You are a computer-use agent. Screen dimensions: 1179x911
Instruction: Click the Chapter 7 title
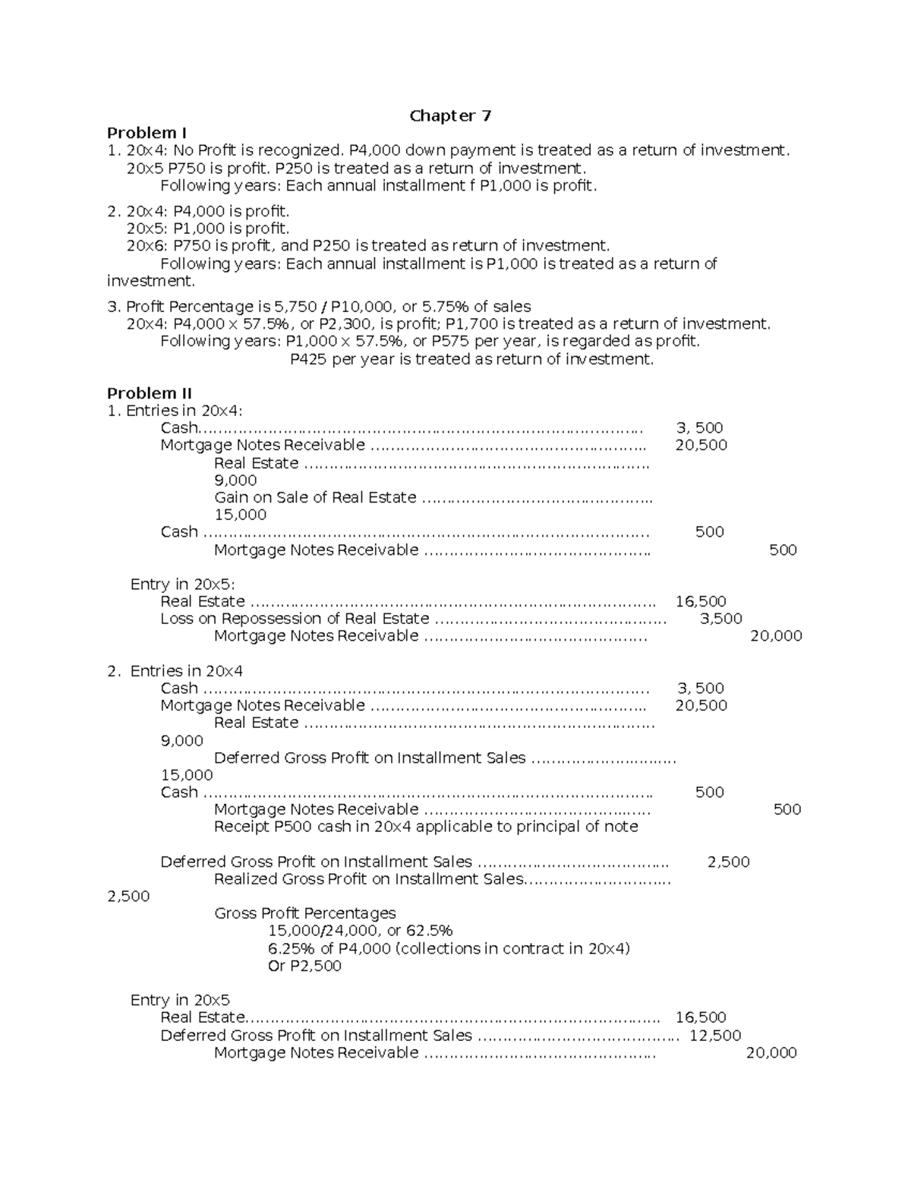pos(450,116)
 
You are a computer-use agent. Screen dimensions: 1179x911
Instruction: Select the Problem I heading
pos(147,134)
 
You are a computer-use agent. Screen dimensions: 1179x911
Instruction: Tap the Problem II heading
pos(149,393)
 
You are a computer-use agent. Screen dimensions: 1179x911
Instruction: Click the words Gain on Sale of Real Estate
pos(315,498)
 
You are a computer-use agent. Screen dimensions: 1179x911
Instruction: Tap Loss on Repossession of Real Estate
pos(295,619)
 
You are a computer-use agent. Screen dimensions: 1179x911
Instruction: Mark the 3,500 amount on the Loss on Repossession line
pos(720,619)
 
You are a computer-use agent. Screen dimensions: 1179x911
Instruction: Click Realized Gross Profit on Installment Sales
pos(368,879)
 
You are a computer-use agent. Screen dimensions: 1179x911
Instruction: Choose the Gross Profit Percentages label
pos(304,913)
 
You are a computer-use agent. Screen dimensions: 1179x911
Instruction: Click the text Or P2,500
pos(304,966)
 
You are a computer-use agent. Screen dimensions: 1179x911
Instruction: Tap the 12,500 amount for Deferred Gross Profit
pos(715,1036)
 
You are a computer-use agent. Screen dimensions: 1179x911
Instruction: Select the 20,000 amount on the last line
pos(771,1053)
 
